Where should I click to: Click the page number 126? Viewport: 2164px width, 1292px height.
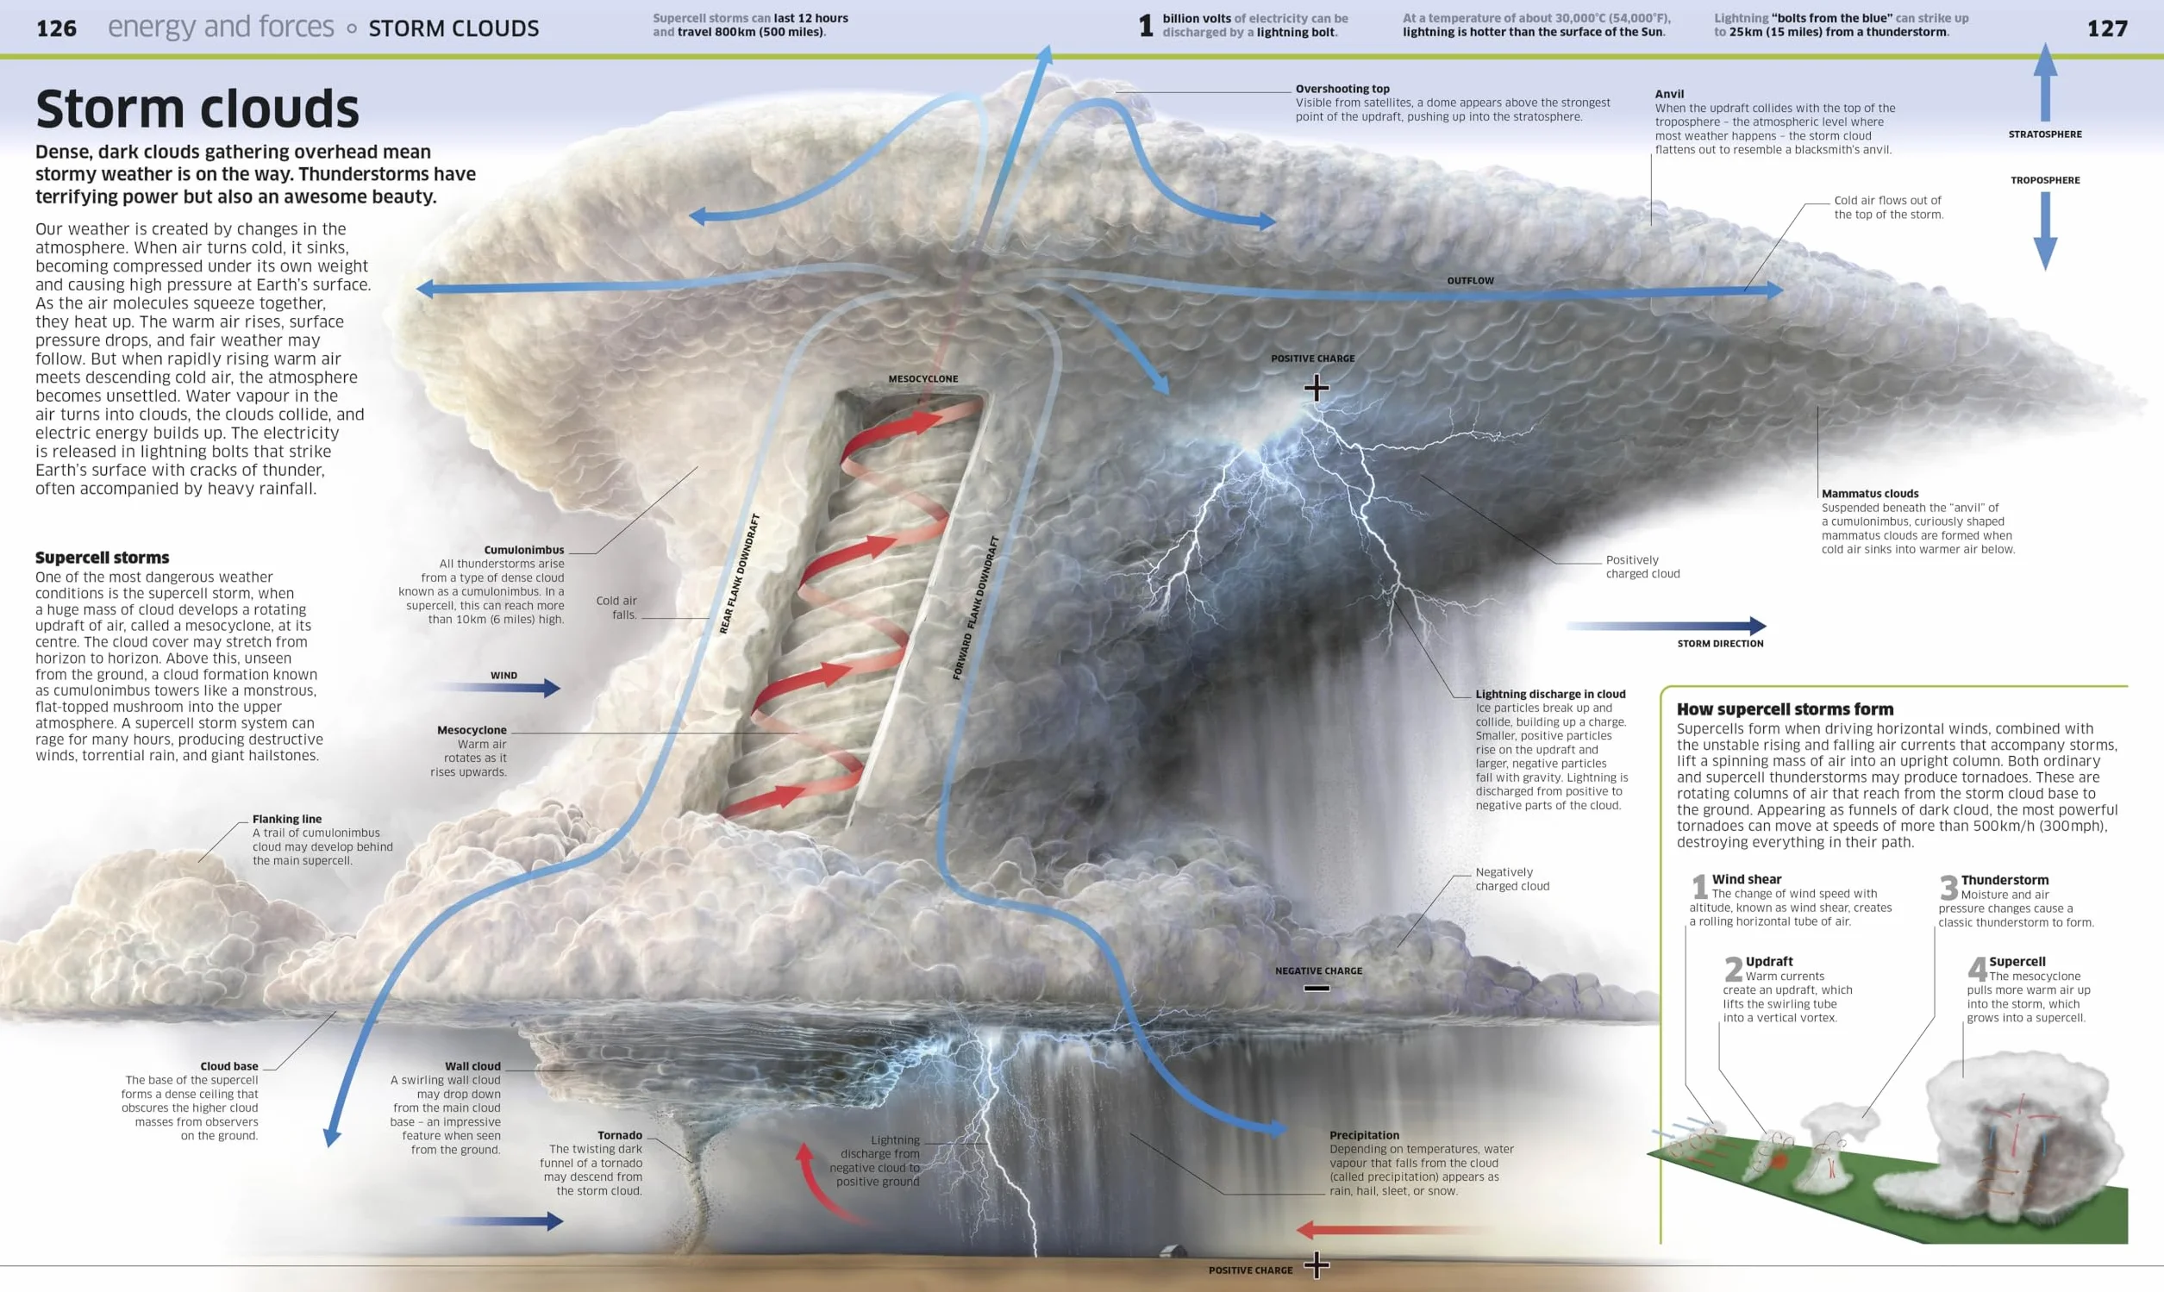click(57, 28)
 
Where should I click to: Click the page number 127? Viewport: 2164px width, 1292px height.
click(2107, 28)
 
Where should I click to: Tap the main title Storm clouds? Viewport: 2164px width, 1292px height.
click(197, 109)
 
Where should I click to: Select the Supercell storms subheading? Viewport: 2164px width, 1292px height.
click(103, 557)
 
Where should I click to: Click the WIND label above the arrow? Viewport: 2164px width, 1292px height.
click(503, 676)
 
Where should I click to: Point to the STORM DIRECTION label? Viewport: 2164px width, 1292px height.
click(1720, 643)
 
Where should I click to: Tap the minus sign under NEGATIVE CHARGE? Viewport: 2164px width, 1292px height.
click(1317, 988)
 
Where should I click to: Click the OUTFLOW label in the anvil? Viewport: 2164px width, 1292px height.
click(1470, 280)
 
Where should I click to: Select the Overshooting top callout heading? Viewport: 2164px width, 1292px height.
click(1342, 89)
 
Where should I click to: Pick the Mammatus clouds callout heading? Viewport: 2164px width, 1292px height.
click(1870, 494)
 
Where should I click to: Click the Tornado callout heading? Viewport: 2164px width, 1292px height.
click(620, 1135)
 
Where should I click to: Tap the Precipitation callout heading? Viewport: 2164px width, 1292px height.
click(1365, 1135)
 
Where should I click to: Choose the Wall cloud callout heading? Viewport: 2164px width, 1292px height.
click(472, 1066)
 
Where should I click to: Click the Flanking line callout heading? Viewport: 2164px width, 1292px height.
click(287, 820)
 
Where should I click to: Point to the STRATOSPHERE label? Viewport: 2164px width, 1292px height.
click(2045, 134)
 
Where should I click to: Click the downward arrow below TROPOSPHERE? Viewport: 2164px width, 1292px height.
click(2045, 231)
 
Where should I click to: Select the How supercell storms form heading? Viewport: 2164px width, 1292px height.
click(1786, 709)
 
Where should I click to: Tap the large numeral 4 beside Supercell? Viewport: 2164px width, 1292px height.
click(1977, 968)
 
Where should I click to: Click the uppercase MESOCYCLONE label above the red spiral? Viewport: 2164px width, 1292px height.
click(923, 378)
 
